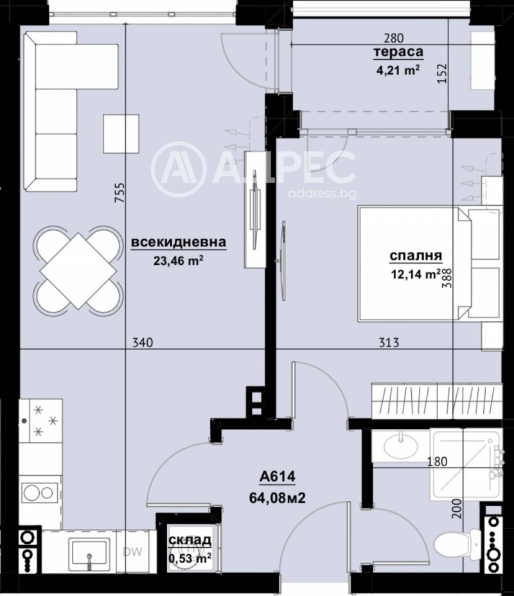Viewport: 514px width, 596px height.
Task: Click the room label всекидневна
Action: tap(179, 242)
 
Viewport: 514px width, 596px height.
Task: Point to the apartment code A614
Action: tap(278, 477)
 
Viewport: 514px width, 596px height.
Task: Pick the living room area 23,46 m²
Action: tap(179, 260)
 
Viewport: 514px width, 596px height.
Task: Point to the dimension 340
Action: tap(142, 343)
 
